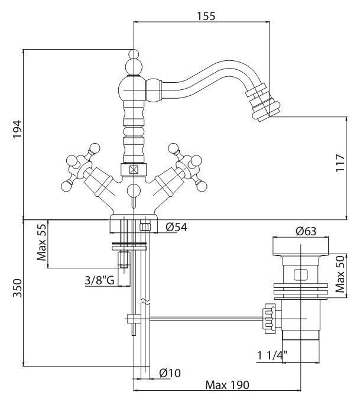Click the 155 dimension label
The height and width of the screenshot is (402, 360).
[x=206, y=16]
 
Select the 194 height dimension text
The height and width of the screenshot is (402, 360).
[x=18, y=129]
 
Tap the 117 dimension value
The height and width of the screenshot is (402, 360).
[x=340, y=163]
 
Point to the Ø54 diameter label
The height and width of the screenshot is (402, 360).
[x=176, y=227]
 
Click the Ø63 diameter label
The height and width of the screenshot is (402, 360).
[x=306, y=231]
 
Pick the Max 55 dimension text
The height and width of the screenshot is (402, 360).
[x=41, y=242]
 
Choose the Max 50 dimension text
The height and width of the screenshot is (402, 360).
[x=340, y=274]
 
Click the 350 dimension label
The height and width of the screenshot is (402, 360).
[x=18, y=288]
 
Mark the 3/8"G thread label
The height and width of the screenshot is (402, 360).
[x=100, y=280]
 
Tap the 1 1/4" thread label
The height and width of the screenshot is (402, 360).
[x=272, y=355]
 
